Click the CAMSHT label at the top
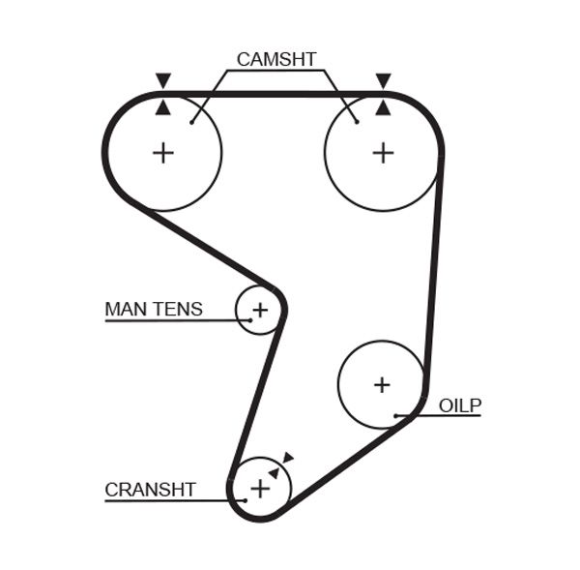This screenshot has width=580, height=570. [275, 59]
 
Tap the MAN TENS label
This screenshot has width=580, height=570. [154, 310]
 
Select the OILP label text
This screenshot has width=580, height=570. [459, 405]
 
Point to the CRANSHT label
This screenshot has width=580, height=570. [150, 490]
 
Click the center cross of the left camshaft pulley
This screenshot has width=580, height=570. [163, 152]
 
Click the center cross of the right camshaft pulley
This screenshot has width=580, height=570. [383, 152]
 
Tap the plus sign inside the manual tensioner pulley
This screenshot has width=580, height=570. [259, 311]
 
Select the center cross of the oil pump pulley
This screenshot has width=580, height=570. [382, 384]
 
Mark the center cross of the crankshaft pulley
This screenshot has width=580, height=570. [260, 489]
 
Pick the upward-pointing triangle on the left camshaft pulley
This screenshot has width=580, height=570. [163, 107]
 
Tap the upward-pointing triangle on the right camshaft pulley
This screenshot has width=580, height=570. [383, 107]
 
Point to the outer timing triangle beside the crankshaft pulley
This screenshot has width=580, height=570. [288, 458]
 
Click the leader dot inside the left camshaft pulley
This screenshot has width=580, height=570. [192, 122]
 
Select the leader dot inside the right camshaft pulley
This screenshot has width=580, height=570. [357, 122]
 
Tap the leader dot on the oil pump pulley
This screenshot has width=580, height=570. [396, 416]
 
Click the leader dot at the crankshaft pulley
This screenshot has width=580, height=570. [246, 500]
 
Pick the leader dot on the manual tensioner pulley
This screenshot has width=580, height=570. [249, 320]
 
